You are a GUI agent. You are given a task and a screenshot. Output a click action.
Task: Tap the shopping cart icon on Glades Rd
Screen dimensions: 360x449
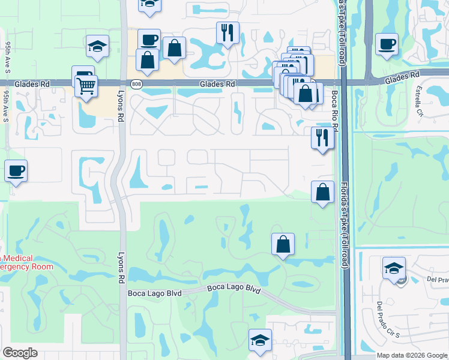pos(86,86)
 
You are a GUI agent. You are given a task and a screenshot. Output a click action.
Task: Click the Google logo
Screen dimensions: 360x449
pos(20,353)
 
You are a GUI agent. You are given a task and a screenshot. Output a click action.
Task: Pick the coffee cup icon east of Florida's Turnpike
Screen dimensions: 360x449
pos(387,43)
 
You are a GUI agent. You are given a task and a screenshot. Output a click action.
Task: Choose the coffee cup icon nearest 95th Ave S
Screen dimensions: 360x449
pos(16,170)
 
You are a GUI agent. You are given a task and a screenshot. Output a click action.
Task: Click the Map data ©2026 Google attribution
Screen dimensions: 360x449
pos(412,355)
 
